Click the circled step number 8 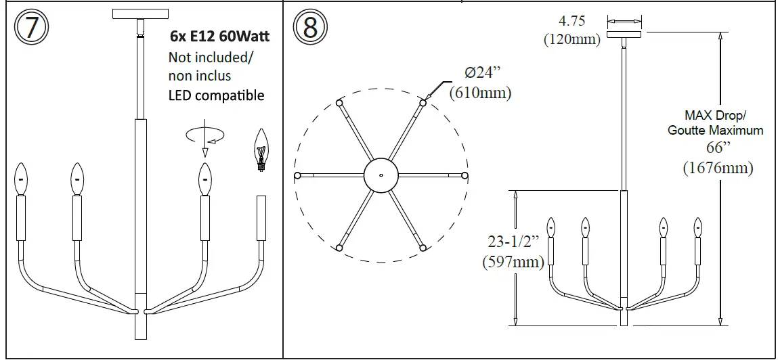[x=310, y=28]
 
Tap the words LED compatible [x=216, y=95]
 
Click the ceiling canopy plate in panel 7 [x=142, y=14]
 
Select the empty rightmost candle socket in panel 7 [x=261, y=218]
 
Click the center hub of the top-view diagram [x=381, y=176]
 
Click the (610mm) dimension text [x=480, y=93]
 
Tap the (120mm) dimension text [x=572, y=39]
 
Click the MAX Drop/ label [x=714, y=116]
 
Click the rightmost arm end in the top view [x=464, y=176]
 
